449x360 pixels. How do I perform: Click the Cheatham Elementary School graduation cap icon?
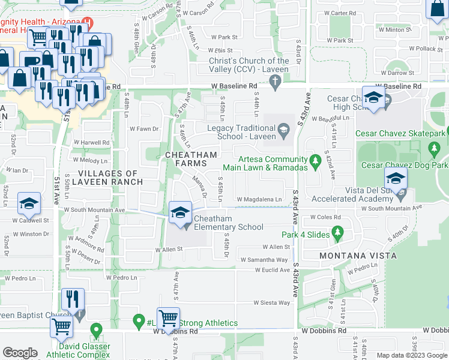pos(180,212)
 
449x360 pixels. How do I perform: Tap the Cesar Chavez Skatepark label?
pos(402,133)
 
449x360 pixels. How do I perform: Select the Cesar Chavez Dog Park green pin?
pos(434,148)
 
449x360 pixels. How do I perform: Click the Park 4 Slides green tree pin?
pos(337,232)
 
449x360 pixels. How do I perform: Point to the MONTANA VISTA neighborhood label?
pos(358,256)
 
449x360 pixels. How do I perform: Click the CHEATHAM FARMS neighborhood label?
pos(190,159)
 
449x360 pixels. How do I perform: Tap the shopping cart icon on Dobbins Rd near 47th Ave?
pos(168,317)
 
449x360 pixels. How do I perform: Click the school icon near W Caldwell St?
pos(28,203)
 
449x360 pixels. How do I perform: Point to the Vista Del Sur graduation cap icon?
pos(396,178)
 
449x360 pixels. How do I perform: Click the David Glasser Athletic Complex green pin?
pos(95,331)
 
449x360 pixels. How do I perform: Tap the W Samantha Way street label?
pos(264,260)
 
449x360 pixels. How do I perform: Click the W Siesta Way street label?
pos(271,303)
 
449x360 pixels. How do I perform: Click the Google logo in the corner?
pos(20,353)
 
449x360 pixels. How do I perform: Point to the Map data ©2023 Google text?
pos(412,355)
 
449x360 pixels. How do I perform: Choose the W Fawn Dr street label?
pos(144,128)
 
